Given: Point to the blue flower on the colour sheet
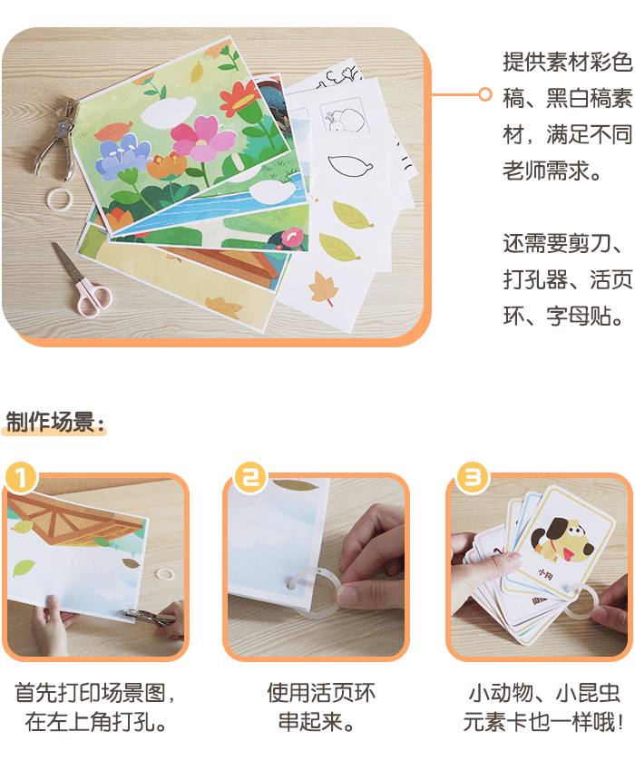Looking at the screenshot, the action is pyautogui.click(x=122, y=154).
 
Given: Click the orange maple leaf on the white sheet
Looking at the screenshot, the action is pyautogui.click(x=324, y=288).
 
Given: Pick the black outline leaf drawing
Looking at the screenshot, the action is pyautogui.click(x=349, y=165).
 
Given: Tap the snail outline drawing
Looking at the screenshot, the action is pyautogui.click(x=345, y=120).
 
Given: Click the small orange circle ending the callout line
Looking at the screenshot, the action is pyautogui.click(x=484, y=94).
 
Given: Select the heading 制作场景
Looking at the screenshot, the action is pyautogui.click(x=50, y=422).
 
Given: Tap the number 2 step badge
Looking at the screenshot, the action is pyautogui.click(x=251, y=477).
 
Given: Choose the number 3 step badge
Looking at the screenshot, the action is pyautogui.click(x=473, y=477).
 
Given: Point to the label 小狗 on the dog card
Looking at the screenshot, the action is pyautogui.click(x=544, y=574).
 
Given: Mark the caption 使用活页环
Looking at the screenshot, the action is pyautogui.click(x=321, y=693).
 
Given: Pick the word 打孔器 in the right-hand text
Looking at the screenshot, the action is pyautogui.click(x=535, y=280).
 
